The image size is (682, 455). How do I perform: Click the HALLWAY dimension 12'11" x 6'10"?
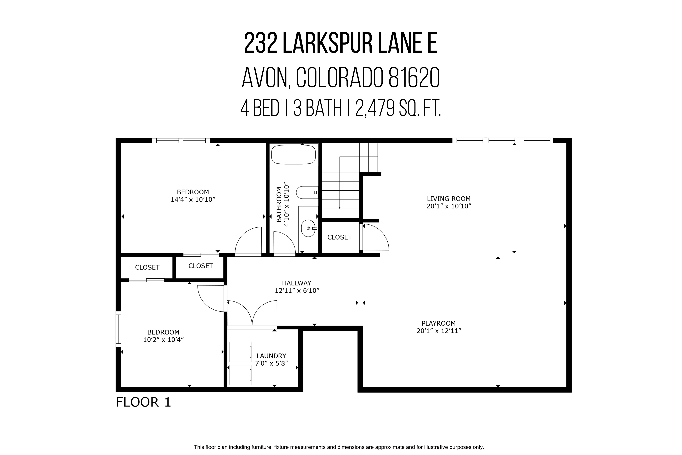pyautogui.click(x=297, y=291)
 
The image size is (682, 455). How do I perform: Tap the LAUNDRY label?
pyautogui.click(x=271, y=356)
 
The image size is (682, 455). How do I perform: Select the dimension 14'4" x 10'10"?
pyautogui.click(x=193, y=200)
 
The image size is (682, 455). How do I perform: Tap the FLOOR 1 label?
pyautogui.click(x=143, y=402)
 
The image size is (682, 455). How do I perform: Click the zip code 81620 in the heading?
pyautogui.click(x=414, y=78)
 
